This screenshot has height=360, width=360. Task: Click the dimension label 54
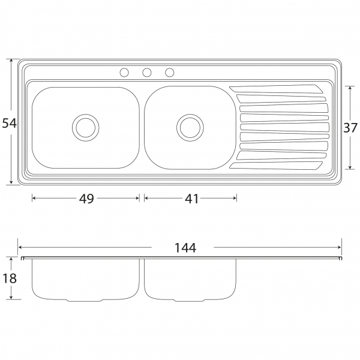pos(10,123)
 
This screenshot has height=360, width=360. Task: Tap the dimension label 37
pos(350,128)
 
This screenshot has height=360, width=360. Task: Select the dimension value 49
pos(86,199)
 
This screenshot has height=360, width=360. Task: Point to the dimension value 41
pos(191,199)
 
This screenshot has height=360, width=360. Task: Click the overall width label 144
pos(185,248)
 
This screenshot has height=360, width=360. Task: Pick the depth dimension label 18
pos(10,278)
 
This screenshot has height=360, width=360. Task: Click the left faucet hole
pos(124,73)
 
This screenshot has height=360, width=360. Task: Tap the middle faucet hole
pos(147,73)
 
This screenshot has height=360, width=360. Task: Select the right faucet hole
pos(169,73)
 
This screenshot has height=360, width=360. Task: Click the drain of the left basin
pos(86,128)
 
